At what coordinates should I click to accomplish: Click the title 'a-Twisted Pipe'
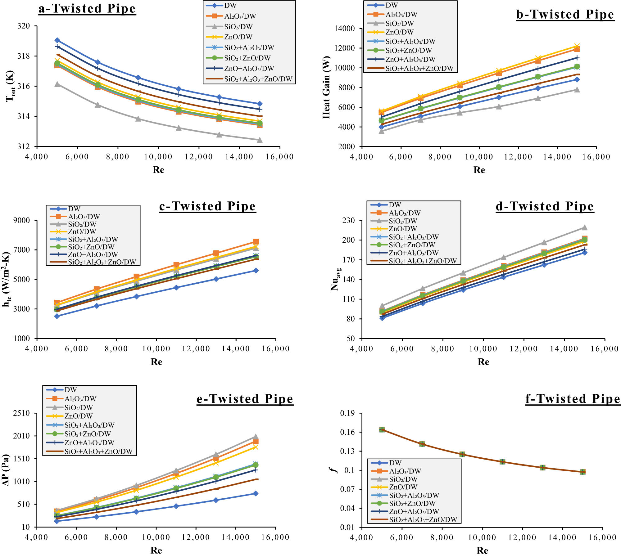[x=87, y=8]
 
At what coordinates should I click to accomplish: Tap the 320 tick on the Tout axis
[x=24, y=26]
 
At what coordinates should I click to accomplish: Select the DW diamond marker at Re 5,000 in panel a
[x=57, y=40]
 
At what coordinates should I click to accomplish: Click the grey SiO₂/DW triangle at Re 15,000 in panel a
[x=260, y=140]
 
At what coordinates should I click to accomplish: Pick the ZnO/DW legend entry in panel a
[x=238, y=37]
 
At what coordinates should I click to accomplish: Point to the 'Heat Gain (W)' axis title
[x=326, y=88]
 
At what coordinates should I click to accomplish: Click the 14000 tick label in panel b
[x=344, y=29]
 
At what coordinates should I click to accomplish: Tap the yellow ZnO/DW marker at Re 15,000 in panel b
[x=577, y=47]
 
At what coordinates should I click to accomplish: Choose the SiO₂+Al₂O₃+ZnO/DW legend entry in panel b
[x=419, y=68]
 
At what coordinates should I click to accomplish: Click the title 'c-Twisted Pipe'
[x=207, y=206]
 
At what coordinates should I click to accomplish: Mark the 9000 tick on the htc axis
[x=21, y=221]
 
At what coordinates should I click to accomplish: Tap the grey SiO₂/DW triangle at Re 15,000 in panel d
[x=584, y=227]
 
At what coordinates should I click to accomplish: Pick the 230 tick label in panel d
[x=348, y=220]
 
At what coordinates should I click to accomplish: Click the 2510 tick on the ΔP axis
[x=21, y=413]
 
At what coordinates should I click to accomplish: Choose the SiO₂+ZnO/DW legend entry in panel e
[x=87, y=434]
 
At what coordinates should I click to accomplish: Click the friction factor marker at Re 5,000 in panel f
[x=382, y=429]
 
